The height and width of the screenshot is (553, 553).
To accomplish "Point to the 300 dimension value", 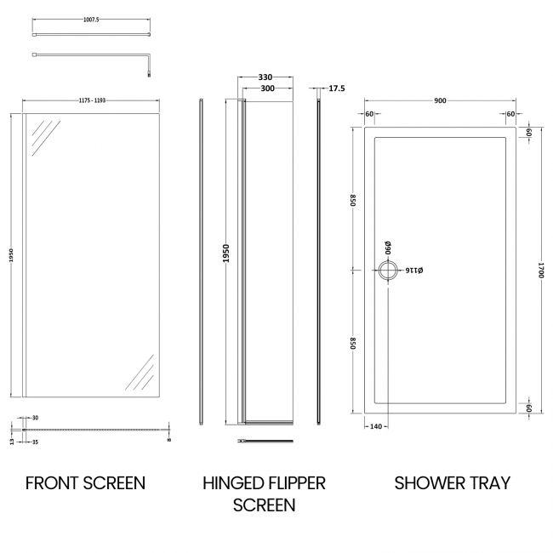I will pyautogui.click(x=266, y=88).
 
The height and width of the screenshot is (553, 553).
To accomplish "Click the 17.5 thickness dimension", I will pyautogui.click(x=337, y=88).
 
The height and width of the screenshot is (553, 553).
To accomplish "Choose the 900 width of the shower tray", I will pyautogui.click(x=440, y=101).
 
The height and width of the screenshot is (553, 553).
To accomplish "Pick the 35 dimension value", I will pyautogui.click(x=36, y=442).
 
